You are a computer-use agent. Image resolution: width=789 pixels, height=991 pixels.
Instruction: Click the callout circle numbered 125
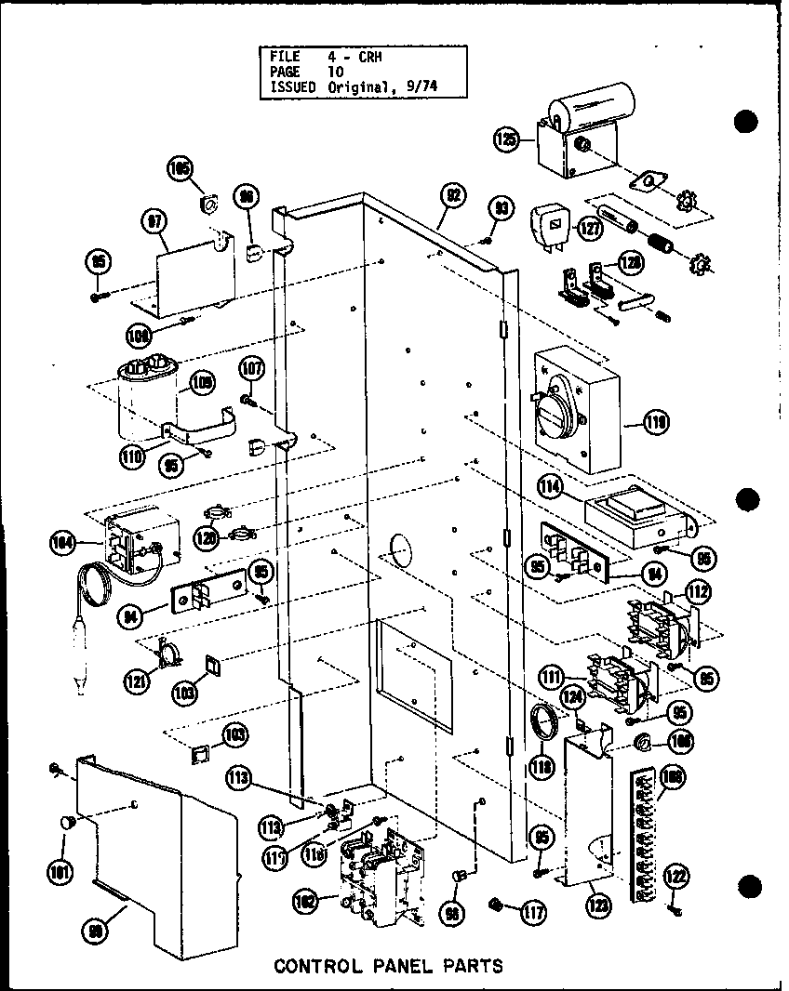[506, 139]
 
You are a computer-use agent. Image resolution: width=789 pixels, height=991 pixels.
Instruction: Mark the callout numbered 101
[64, 873]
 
